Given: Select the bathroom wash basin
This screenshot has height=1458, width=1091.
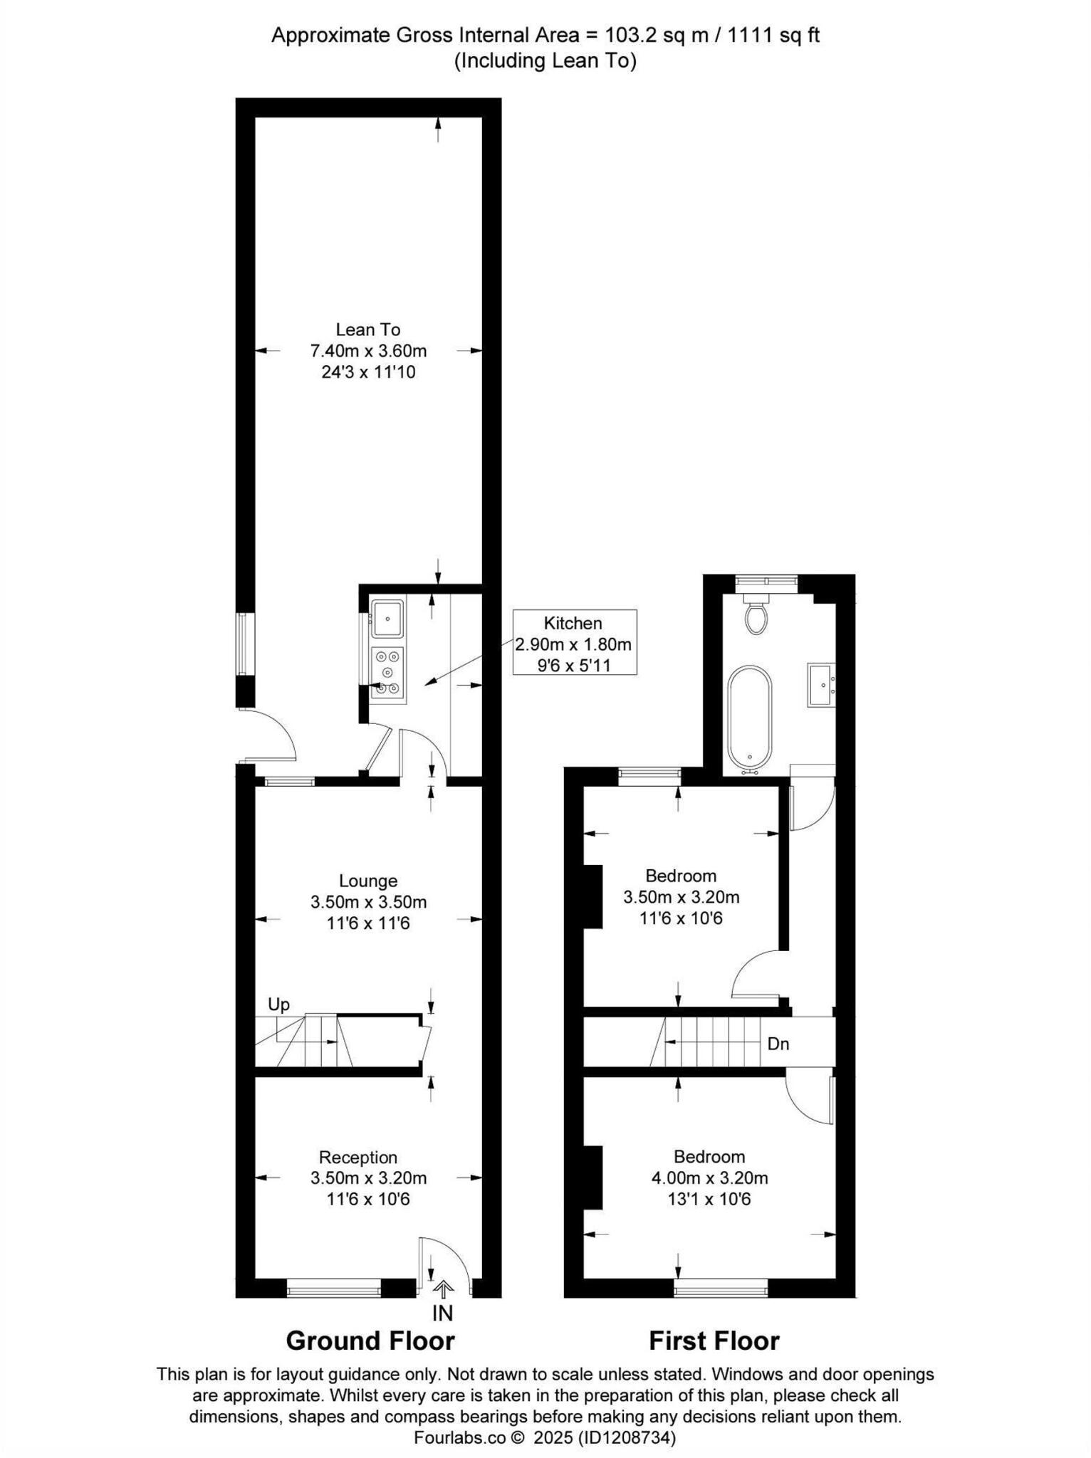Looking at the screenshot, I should click(820, 684).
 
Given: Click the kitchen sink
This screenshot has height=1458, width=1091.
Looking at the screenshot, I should click(387, 618).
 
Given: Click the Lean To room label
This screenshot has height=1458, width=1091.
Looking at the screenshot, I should click(368, 330).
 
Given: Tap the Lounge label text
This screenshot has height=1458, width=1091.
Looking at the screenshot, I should click(368, 881).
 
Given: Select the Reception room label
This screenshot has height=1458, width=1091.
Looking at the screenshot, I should click(357, 1157).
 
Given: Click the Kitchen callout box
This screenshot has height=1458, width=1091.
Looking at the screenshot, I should click(574, 643).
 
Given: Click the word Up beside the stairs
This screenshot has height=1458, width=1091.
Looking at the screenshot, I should click(278, 1004).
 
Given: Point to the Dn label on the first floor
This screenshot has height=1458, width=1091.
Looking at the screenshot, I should click(778, 1044).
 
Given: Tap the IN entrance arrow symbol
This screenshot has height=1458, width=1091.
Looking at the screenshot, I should click(443, 1289).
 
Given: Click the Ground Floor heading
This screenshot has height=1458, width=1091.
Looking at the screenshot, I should click(370, 1341).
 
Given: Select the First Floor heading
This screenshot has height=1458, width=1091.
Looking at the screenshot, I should click(714, 1341).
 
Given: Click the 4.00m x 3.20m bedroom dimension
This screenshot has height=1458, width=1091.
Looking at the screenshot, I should click(709, 1178).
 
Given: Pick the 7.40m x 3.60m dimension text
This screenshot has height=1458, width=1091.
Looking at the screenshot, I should click(368, 351).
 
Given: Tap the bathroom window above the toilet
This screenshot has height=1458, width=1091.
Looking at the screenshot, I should click(766, 581).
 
